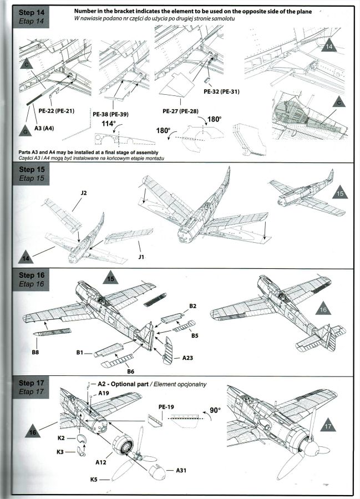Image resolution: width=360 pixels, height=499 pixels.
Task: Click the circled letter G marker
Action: coord(26,133)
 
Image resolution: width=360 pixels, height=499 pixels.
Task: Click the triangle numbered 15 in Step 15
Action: coord(339,194)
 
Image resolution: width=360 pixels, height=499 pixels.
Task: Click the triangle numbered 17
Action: coord(328,426)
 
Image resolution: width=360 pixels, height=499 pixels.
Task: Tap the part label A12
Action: coord(102,461)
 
